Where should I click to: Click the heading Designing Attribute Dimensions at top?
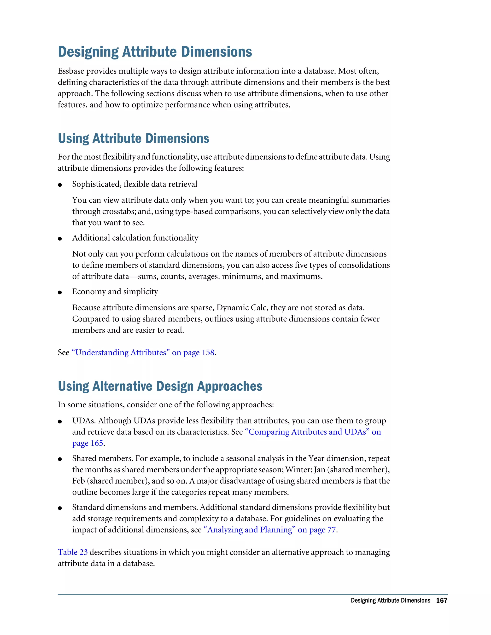pos(155,52)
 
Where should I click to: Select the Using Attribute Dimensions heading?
pos(134,139)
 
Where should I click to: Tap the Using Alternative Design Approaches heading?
pos(160,387)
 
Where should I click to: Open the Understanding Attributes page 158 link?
pos(143,352)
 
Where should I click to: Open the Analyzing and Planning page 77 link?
pos(270,530)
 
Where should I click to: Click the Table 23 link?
pos(72,552)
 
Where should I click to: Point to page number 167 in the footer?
pos(441,600)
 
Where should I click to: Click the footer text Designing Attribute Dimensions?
pos(390,600)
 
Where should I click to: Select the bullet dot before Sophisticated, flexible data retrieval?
pos(60,185)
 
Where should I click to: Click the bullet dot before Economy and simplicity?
pos(60,293)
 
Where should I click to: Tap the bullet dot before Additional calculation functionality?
pos(60,239)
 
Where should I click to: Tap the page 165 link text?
pos(88,443)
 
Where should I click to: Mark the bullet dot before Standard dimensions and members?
pos(60,508)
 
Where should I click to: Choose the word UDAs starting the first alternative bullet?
pos(83,421)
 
